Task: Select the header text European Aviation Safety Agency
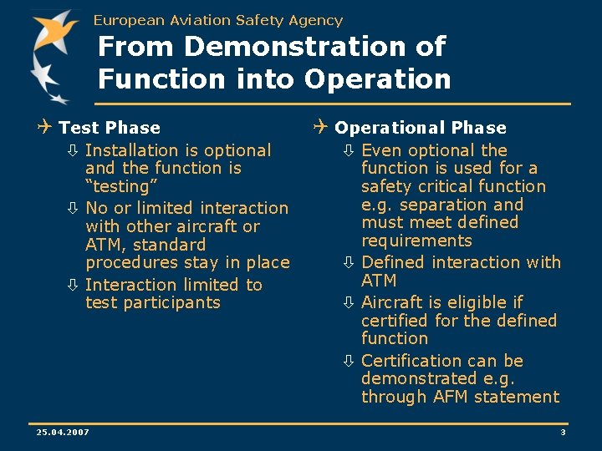tap(218, 20)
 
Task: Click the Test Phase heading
tap(110, 128)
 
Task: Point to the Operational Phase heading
tap(420, 128)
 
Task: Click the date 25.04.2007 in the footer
tap(63, 432)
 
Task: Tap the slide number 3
tap(563, 432)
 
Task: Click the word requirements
tap(416, 241)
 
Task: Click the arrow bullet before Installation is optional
tap(73, 151)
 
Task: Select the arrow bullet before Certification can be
tap(349, 362)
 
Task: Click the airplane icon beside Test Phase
tap(45, 127)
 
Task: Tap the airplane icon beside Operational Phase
tap(320, 127)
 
